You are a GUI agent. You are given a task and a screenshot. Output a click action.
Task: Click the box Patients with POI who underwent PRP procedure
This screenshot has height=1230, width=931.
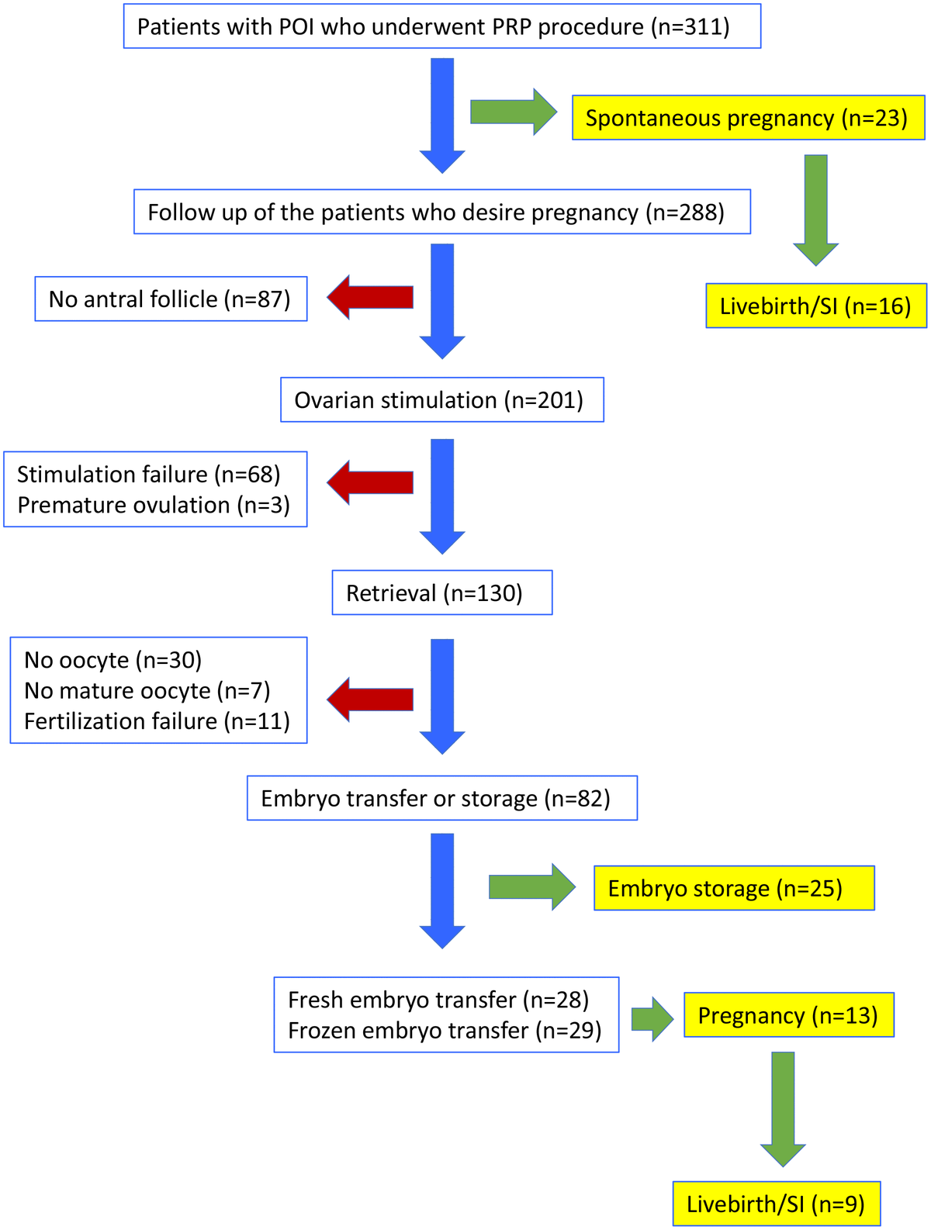[x=441, y=26]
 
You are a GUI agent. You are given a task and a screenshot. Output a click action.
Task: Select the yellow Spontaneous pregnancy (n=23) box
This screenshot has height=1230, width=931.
[x=748, y=118]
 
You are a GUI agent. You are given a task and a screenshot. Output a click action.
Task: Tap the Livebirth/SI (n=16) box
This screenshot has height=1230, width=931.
[x=815, y=306]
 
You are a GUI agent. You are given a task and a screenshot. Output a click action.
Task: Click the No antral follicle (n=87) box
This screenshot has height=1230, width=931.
[x=171, y=299]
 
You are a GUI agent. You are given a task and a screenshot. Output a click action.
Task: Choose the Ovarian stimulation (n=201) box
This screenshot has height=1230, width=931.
[x=441, y=400]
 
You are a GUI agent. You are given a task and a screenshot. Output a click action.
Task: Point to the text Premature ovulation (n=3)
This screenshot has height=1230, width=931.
[x=154, y=505]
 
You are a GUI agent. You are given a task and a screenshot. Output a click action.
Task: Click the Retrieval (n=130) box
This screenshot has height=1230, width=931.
[x=441, y=593]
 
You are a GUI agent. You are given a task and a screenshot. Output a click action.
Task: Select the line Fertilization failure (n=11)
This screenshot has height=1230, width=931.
[x=157, y=721]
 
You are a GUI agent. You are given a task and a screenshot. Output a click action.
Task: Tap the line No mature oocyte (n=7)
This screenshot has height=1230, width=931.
[x=147, y=690]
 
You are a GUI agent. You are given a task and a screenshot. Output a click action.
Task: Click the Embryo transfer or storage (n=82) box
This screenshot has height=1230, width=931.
[x=441, y=798]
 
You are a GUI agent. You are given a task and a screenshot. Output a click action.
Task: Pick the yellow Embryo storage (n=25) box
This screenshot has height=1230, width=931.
[x=733, y=888]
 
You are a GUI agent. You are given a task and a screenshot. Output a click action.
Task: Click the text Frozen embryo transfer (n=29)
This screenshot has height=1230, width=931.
[x=445, y=1030]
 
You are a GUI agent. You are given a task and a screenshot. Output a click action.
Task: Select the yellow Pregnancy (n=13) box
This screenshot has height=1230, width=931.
[x=788, y=1015]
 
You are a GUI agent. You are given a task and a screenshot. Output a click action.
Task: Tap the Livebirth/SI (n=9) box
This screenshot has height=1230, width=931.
[x=776, y=1204]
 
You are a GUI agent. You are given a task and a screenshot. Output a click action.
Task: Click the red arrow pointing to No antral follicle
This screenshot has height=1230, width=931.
[x=369, y=297]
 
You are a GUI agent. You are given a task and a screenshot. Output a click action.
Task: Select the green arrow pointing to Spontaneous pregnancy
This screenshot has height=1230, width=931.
[x=513, y=112]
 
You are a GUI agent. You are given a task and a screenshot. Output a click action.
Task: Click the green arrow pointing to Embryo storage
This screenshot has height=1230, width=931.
[x=531, y=886]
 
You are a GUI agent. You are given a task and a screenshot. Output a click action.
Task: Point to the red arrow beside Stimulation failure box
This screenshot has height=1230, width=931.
[x=369, y=482]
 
